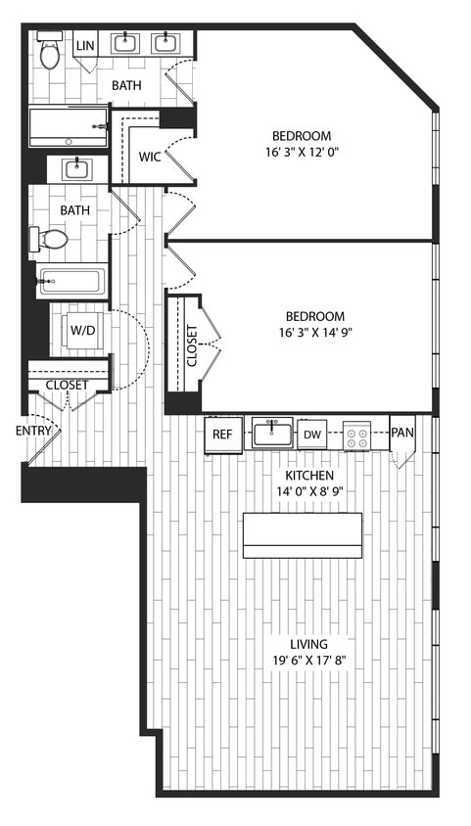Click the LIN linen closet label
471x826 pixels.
(x=85, y=46)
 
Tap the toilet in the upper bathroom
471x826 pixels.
(x=49, y=52)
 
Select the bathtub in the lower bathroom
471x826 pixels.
(x=71, y=282)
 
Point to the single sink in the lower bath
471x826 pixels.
(x=77, y=169)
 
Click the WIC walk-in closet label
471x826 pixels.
(x=150, y=157)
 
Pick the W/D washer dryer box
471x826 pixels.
(x=81, y=330)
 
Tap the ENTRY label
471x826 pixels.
(x=32, y=431)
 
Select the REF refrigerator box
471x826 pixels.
(x=222, y=435)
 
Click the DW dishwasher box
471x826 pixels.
(x=311, y=435)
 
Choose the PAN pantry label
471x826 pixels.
(x=401, y=432)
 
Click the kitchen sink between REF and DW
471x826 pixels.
(x=271, y=432)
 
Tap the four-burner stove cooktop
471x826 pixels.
(x=355, y=435)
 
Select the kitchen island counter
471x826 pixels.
(x=302, y=535)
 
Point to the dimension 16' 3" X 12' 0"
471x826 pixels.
(x=314, y=155)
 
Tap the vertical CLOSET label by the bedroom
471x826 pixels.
(x=192, y=345)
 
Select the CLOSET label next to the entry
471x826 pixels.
(x=67, y=385)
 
